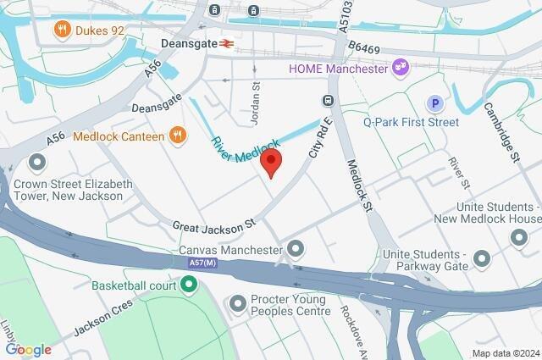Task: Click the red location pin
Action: [x=271, y=163]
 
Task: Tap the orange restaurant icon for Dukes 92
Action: [x=61, y=31]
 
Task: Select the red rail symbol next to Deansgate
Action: [x=228, y=42]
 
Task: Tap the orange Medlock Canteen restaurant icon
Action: [x=177, y=135]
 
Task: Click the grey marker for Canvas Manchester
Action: [x=296, y=249]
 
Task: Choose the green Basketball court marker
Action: [x=192, y=285]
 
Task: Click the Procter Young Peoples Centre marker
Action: [x=237, y=302]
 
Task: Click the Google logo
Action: [x=28, y=350]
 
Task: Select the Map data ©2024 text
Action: [x=505, y=353]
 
